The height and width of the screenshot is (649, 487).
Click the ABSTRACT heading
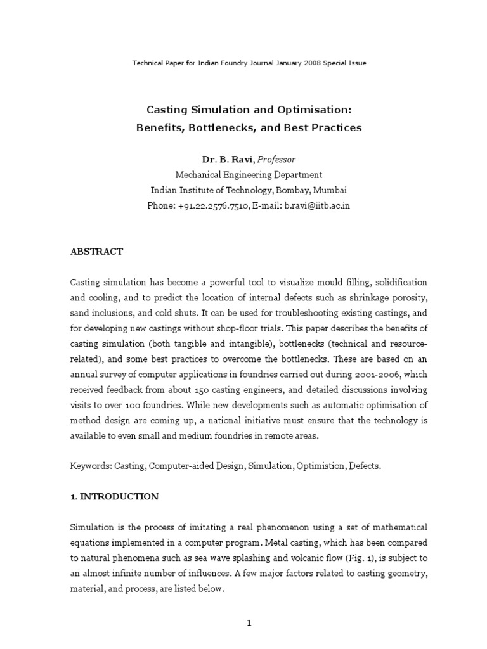96,252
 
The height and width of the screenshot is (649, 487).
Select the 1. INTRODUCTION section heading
114,497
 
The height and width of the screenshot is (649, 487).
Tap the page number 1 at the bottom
249,605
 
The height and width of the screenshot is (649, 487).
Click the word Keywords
91,466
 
